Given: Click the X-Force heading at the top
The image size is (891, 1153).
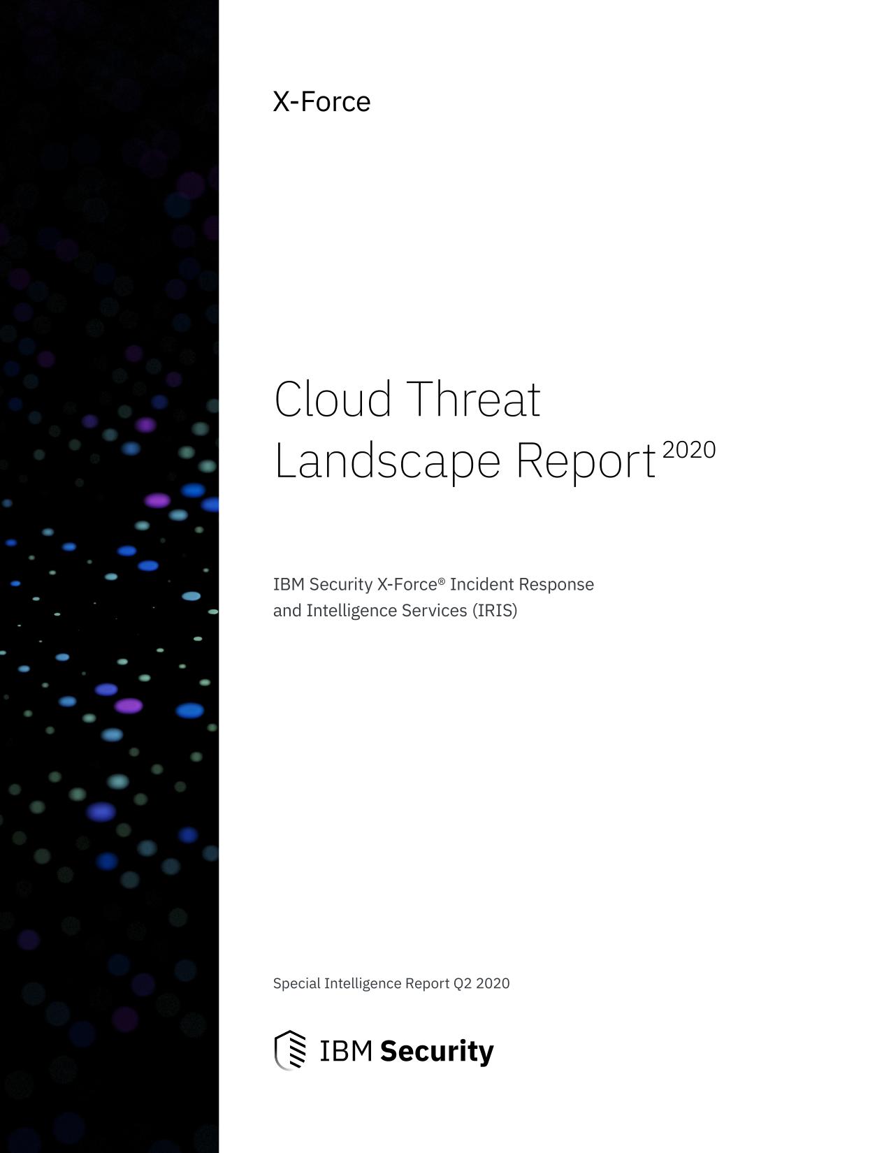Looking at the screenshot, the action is (321, 101).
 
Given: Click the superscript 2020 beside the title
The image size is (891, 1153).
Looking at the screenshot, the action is (689, 450).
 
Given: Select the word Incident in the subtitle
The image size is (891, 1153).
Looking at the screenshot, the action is (482, 584).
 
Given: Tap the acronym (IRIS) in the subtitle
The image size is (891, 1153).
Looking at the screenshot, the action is (495, 611).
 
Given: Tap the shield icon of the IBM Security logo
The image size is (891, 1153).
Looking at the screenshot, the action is (290, 1050).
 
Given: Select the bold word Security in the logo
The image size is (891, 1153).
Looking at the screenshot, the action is (437, 1052).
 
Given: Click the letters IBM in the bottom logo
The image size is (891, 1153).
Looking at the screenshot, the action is (346, 1051).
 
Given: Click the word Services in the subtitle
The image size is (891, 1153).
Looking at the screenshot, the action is (435, 611).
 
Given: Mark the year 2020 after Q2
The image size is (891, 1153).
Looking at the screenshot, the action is (493, 984).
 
